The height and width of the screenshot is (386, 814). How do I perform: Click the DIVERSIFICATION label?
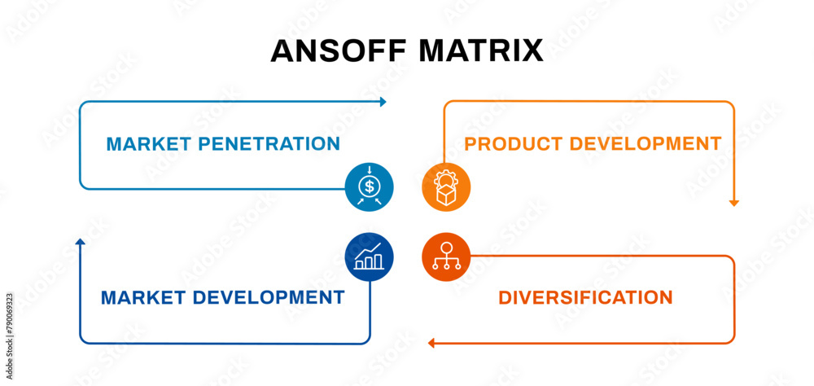point(585,298)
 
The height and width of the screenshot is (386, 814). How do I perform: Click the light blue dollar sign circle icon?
point(370,187)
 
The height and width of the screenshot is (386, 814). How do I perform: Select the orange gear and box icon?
point(446,187)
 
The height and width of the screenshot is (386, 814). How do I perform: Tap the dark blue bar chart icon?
point(370,257)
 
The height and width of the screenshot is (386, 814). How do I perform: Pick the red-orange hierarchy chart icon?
point(446,257)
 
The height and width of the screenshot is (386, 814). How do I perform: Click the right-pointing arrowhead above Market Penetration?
point(383,102)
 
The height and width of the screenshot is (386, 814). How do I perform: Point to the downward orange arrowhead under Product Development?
point(733,202)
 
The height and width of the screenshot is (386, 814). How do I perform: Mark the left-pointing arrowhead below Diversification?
point(432,343)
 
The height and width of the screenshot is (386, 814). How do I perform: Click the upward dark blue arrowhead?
point(80,242)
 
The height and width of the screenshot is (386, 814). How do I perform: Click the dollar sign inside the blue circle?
point(370,187)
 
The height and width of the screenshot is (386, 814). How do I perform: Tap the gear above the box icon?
point(446,178)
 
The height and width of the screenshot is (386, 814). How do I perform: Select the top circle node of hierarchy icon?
point(446,247)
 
